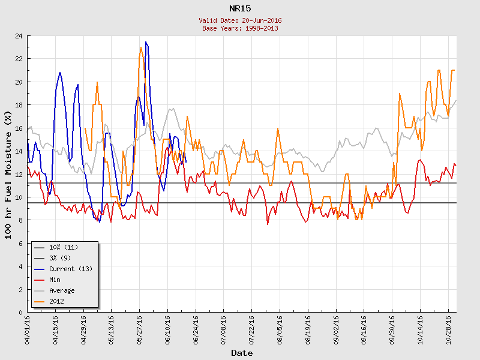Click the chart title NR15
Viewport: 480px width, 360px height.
pyautogui.click(x=240, y=9)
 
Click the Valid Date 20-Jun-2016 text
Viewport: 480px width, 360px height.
pyautogui.click(x=240, y=20)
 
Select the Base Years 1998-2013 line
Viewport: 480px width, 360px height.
pyautogui.click(x=240, y=28)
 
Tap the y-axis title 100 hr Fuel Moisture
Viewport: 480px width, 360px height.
pyautogui.click(x=8, y=175)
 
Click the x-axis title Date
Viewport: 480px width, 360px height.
pyautogui.click(x=242, y=353)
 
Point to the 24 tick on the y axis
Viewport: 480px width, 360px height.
pyautogui.click(x=19, y=36)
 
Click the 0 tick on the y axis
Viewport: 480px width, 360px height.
pyautogui.click(x=20, y=313)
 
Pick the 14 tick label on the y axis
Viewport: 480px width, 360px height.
pyautogui.click(x=19, y=151)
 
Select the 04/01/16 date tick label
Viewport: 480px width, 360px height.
pyautogui.click(x=28, y=329)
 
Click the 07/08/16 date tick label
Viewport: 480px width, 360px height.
pyautogui.click(x=224, y=329)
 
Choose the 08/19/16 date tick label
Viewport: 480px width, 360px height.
pyautogui.click(x=308, y=329)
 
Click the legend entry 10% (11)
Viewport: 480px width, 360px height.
pyautogui.click(x=64, y=247)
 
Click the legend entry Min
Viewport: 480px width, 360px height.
pyautogui.click(x=56, y=280)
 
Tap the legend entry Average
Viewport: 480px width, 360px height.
pyautogui.click(x=62, y=290)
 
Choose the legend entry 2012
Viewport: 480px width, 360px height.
pyautogui.click(x=57, y=301)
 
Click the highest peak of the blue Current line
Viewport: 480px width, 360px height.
pyautogui.click(x=146, y=42)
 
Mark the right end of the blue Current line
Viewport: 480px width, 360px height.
pyautogui.click(x=186, y=162)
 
